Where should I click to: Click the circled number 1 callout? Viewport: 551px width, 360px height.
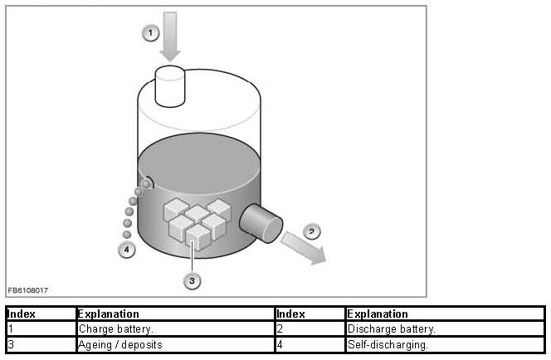click(150, 33)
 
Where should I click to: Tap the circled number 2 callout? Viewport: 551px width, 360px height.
click(310, 231)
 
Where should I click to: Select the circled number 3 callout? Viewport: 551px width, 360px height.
click(193, 281)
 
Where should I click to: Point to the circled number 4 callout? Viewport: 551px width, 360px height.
click(126, 249)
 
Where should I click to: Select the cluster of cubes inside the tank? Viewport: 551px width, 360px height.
click(195, 220)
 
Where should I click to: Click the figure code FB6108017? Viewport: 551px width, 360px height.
click(28, 290)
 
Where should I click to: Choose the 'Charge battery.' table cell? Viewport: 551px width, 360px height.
click(174, 329)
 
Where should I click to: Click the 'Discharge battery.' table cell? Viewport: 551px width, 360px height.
click(444, 329)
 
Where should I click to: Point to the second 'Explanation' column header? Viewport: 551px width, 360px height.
click(444, 314)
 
